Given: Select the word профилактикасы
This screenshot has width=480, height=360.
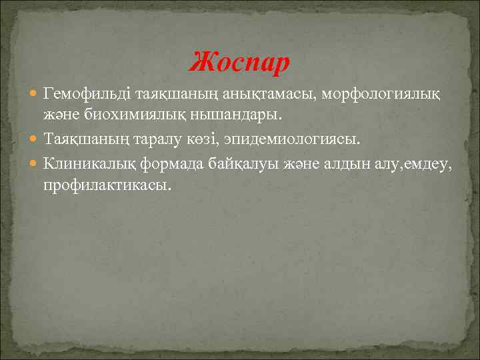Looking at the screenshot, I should point(107,184).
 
